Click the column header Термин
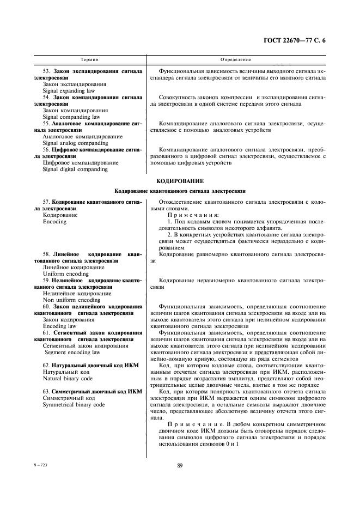click(x=89, y=59)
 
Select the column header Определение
click(x=236, y=59)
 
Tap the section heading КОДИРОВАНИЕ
click(x=180, y=180)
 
